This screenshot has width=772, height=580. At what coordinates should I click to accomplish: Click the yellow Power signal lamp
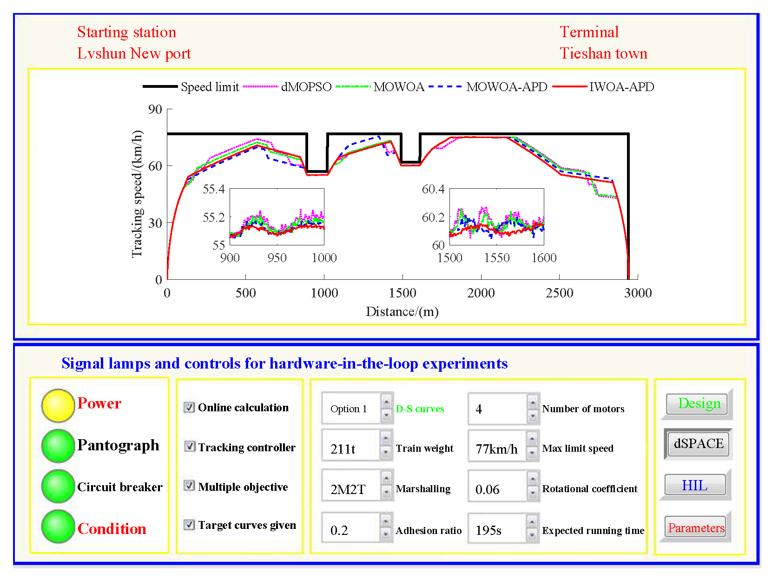pos(58,405)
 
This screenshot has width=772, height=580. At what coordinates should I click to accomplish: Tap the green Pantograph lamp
pos(58,446)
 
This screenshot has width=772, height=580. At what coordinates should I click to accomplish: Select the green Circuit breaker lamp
pos(58,486)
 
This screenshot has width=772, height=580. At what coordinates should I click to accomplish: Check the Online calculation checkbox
pos(189,408)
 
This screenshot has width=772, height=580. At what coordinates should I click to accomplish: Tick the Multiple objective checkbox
pos(189,486)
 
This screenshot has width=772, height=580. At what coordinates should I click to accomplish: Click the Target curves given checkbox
pos(189,525)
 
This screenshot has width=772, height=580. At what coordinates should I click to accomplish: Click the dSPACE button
pos(698,444)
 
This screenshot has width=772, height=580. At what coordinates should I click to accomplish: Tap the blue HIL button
pos(694,485)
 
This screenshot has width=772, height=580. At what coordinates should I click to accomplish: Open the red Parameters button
pos(696,527)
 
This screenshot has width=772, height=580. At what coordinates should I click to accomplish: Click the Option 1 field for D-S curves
pos(351,409)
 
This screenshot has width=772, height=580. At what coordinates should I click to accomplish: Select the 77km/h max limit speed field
pos(496,449)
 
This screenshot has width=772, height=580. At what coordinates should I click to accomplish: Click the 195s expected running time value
pos(496,530)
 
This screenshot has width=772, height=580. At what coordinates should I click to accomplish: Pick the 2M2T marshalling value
pos(351,489)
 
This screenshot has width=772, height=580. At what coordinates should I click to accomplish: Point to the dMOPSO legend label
pos(306,87)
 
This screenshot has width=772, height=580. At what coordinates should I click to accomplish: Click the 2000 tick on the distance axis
pos(481,293)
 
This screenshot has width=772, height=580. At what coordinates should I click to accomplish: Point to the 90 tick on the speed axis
pos(155,109)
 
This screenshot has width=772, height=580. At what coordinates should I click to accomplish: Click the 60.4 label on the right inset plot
pos(433,189)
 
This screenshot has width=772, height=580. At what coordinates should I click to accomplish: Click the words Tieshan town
pos(603,53)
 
